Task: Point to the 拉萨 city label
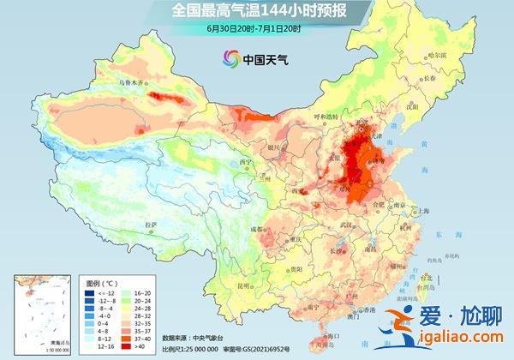[152, 225]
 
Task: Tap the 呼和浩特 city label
[328, 117]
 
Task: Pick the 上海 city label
[421, 211]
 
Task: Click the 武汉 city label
[347, 225]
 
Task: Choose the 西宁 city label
[246, 162]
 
